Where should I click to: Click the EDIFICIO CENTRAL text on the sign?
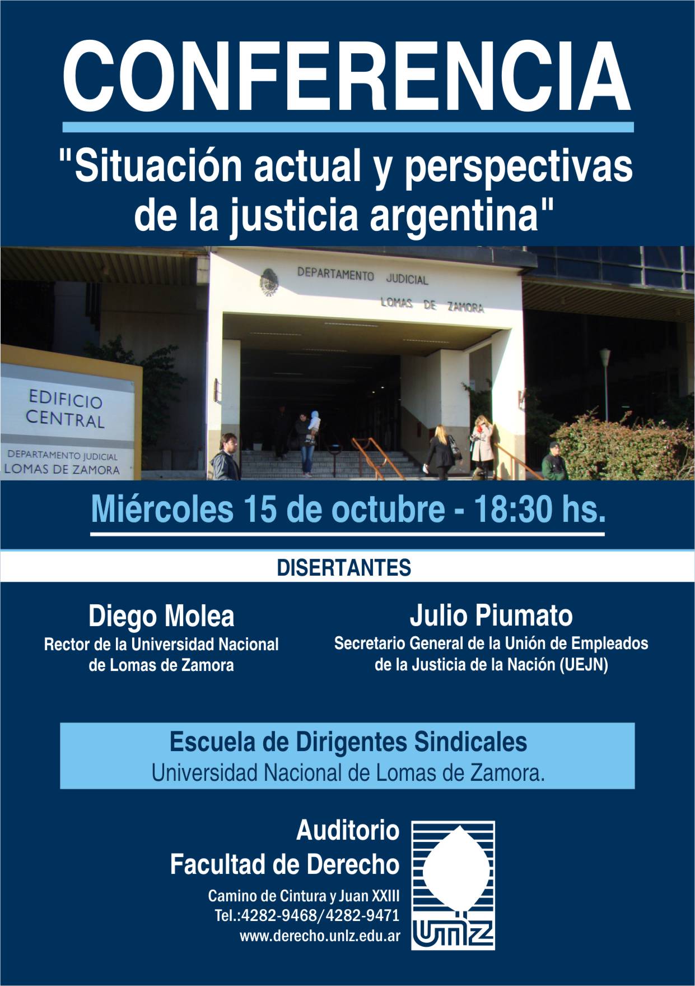click(65, 410)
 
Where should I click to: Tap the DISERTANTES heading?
click(344, 568)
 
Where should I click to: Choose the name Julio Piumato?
click(491, 615)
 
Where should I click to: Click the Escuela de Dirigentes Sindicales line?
click(348, 742)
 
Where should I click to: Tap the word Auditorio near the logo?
click(348, 831)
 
